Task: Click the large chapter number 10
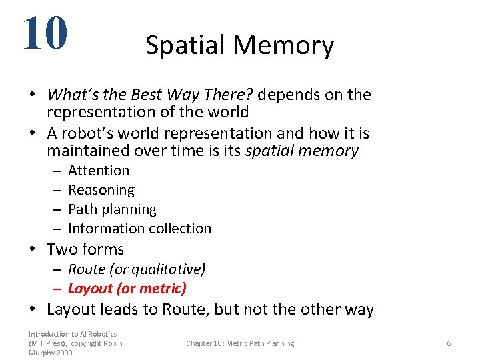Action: (45, 33)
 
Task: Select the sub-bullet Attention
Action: (99, 171)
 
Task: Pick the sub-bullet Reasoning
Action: (101, 190)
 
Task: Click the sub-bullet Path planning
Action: (112, 209)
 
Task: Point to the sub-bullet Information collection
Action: (139, 229)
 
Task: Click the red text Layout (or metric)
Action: (127, 289)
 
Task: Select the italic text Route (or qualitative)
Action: (137, 269)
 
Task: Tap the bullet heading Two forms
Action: (85, 249)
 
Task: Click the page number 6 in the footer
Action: (449, 343)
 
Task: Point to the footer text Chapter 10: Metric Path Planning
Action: (240, 343)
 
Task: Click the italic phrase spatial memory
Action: (302, 151)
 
